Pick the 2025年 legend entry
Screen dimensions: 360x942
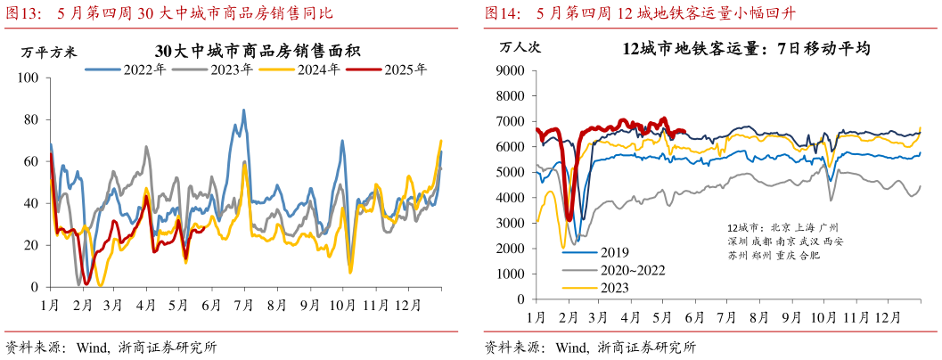[404, 68]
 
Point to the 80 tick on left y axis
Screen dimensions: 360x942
[34, 120]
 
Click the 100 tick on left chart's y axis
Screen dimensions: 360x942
[31, 78]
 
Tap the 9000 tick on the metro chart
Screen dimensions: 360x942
[511, 70]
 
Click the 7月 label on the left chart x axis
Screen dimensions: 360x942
[241, 304]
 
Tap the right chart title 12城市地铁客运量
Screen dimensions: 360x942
[747, 47]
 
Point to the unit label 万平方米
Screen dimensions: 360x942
[44, 49]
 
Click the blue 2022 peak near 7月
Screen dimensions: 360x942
[244, 110]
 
